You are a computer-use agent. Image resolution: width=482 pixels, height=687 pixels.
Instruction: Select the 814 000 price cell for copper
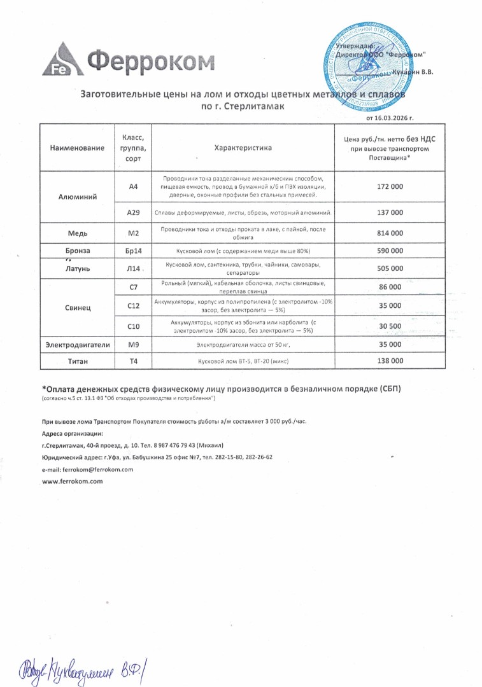pyautogui.click(x=390, y=233)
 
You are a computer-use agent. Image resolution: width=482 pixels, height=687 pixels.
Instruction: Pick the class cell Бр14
pyautogui.click(x=134, y=251)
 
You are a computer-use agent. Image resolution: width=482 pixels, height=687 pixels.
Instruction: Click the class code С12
pyautogui.click(x=134, y=306)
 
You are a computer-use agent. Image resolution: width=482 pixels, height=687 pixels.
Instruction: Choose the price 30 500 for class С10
pyautogui.click(x=390, y=326)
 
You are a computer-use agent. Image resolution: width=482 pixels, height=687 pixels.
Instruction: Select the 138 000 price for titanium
pyautogui.click(x=390, y=361)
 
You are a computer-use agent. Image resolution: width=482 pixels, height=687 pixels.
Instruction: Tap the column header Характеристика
pyautogui.click(x=243, y=148)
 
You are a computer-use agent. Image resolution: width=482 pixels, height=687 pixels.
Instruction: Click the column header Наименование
pyautogui.click(x=78, y=148)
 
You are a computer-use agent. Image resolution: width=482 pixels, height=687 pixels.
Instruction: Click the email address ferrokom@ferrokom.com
pyautogui.click(x=97, y=469)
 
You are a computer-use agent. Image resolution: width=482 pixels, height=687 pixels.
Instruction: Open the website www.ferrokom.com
pyautogui.click(x=72, y=482)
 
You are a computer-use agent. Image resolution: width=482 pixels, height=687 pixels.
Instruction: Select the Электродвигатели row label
pyautogui.click(x=78, y=344)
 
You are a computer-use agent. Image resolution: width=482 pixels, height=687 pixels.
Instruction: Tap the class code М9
pyautogui.click(x=134, y=344)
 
